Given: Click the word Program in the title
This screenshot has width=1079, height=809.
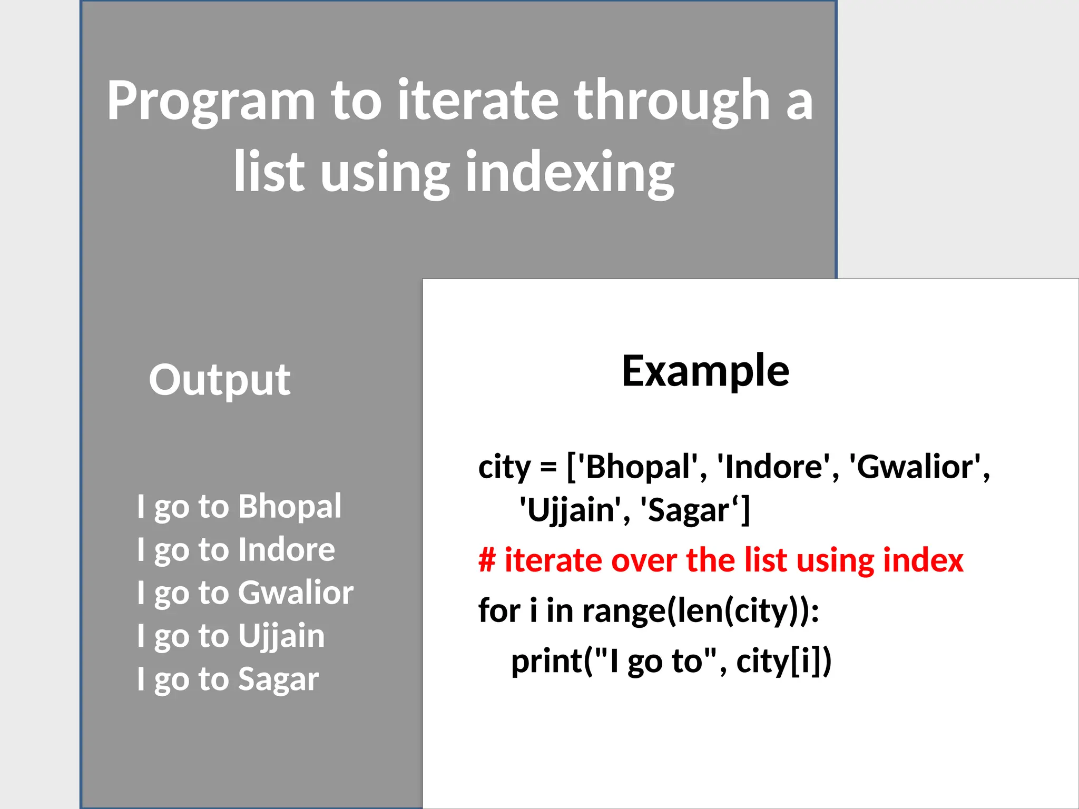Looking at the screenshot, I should coord(211,101).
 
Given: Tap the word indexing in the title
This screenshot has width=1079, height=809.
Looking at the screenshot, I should coord(569,173).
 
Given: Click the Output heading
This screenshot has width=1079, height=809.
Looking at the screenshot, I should coord(219,380).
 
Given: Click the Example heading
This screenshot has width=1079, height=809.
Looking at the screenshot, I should coord(705,371).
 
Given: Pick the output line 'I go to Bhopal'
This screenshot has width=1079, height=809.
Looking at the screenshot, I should coord(239,507).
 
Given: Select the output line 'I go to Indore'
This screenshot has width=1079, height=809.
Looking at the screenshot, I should coord(236,550).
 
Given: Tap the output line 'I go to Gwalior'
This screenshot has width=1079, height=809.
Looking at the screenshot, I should coord(245,593).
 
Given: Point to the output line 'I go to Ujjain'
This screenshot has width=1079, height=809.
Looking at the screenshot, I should coord(230,636).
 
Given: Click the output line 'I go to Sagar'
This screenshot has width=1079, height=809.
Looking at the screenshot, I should coord(228,679).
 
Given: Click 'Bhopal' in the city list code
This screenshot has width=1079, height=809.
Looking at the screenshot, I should coord(637,467).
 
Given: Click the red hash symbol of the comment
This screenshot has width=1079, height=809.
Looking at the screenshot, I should coord(487,560).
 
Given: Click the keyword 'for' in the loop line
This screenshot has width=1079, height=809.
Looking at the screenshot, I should coord(499,611).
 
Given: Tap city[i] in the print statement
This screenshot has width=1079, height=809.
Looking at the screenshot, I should coord(779,662).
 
